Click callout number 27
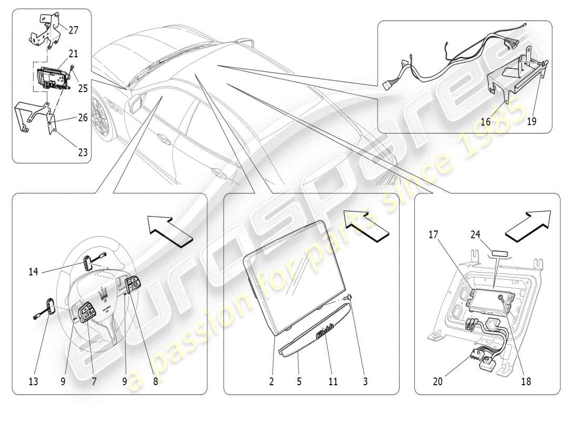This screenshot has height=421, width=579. click(73, 31)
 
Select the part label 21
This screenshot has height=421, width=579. click(73, 54)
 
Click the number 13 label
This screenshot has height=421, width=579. click(33, 383)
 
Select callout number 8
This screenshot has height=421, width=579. click(155, 383)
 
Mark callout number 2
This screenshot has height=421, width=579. click(272, 383)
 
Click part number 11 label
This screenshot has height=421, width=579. click(332, 383)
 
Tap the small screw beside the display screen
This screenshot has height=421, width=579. click(347, 299)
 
